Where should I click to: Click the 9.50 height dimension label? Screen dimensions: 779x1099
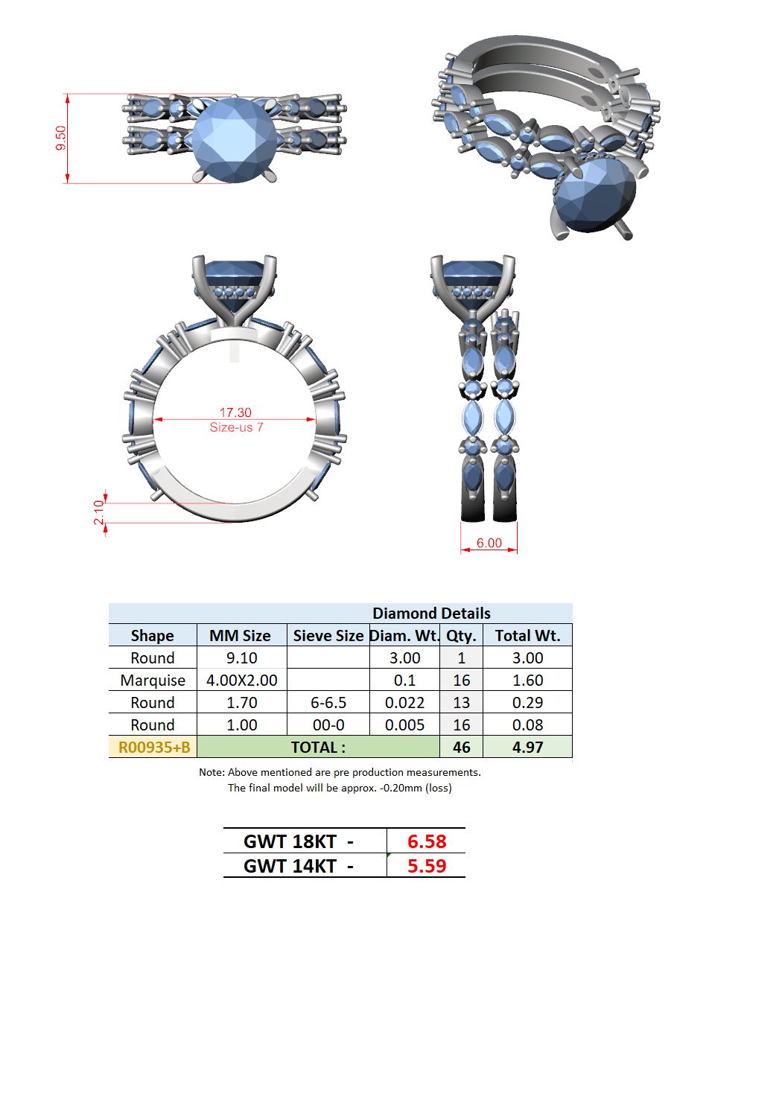(x=60, y=138)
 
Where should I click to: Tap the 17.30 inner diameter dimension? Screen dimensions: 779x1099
(x=235, y=412)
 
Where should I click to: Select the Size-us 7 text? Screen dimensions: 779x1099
(x=236, y=427)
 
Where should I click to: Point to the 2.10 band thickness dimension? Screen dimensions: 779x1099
(x=98, y=512)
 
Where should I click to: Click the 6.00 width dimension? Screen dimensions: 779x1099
(x=489, y=543)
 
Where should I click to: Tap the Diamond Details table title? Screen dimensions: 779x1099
(x=431, y=614)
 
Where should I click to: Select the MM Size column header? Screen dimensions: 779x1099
(x=240, y=636)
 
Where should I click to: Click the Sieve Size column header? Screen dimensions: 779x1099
(x=328, y=636)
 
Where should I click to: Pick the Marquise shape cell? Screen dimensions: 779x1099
(x=153, y=681)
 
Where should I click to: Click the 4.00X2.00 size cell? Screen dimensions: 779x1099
(x=241, y=681)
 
